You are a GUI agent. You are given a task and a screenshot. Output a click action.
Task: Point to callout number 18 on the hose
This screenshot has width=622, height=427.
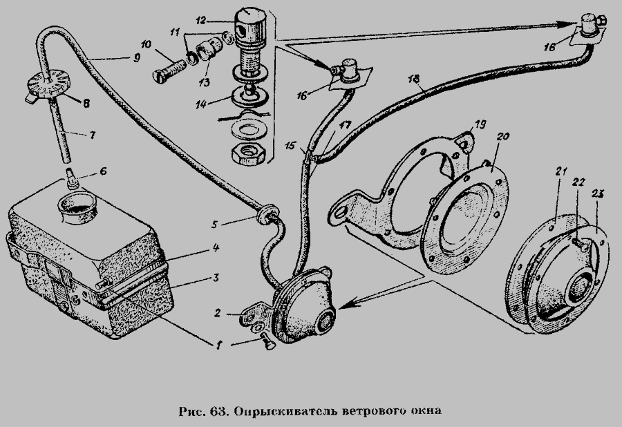(415, 80)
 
